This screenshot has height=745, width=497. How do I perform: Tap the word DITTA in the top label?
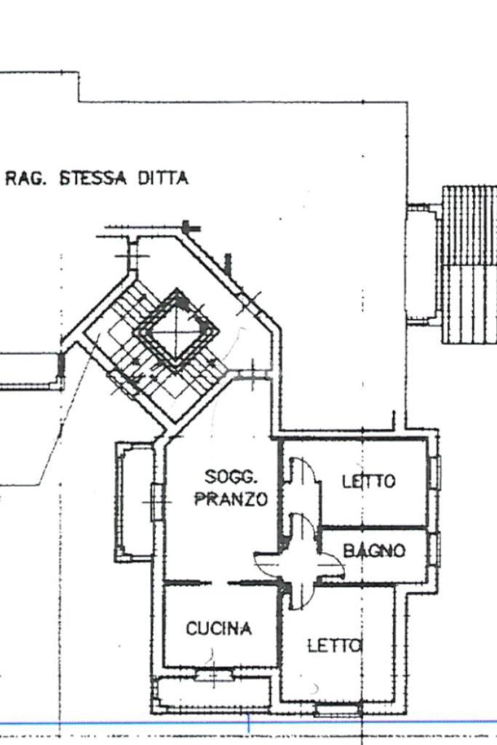point(163,178)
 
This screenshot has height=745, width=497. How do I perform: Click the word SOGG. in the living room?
point(231,477)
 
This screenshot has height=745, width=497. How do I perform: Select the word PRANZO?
point(231,500)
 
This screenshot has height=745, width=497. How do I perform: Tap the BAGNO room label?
point(374,551)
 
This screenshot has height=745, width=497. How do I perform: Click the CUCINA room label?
point(219,628)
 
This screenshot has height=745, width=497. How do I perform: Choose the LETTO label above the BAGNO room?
point(369,481)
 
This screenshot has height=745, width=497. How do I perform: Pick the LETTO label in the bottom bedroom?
point(334,645)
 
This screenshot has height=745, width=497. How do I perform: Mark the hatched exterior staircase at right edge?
point(469,267)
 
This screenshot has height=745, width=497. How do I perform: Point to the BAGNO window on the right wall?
point(434,548)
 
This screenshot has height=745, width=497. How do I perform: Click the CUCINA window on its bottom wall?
point(215,674)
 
